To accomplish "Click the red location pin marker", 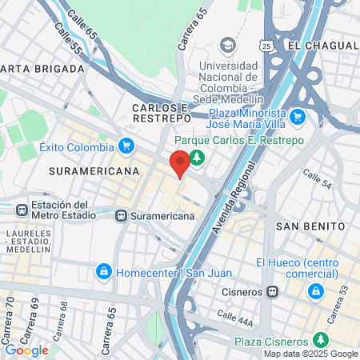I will point(180,162).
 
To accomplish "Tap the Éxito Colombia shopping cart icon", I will point(126,146).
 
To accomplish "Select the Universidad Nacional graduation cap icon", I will point(228,43).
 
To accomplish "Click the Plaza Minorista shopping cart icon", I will point(298,118).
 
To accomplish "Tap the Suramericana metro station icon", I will point(122,215).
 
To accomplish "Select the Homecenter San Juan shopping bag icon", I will point(103,272).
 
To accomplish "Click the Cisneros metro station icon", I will point(273,291).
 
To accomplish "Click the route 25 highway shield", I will point(266,46).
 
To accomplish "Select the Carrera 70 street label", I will point(10,314).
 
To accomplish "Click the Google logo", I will point(26,350).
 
